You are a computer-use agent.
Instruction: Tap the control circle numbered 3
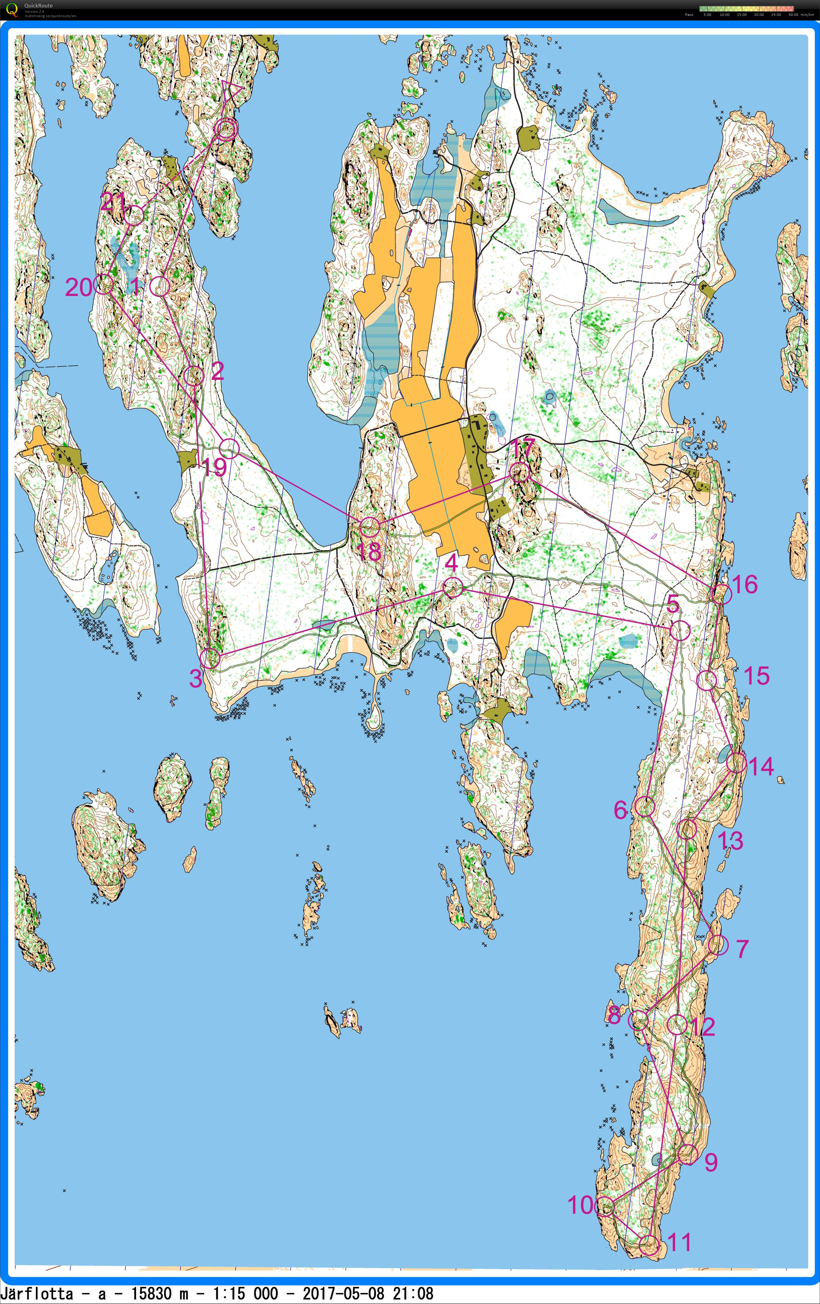(210, 658)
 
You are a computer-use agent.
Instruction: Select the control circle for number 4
(453, 587)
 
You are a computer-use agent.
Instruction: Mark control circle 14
(737, 763)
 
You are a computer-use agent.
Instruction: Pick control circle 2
(193, 375)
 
